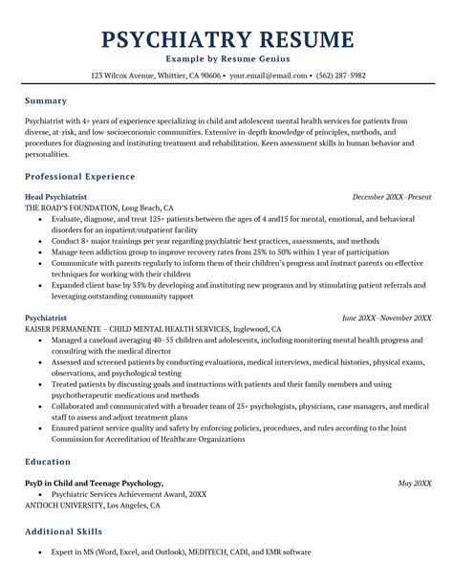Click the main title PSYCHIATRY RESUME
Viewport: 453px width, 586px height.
click(226, 39)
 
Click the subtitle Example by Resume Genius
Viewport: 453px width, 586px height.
click(226, 59)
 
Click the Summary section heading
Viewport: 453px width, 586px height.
click(46, 100)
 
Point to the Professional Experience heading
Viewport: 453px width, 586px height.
click(80, 177)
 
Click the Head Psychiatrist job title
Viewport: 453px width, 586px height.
click(57, 196)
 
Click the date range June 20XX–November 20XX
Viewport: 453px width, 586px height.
click(386, 317)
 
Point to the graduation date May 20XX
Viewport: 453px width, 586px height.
click(414, 483)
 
